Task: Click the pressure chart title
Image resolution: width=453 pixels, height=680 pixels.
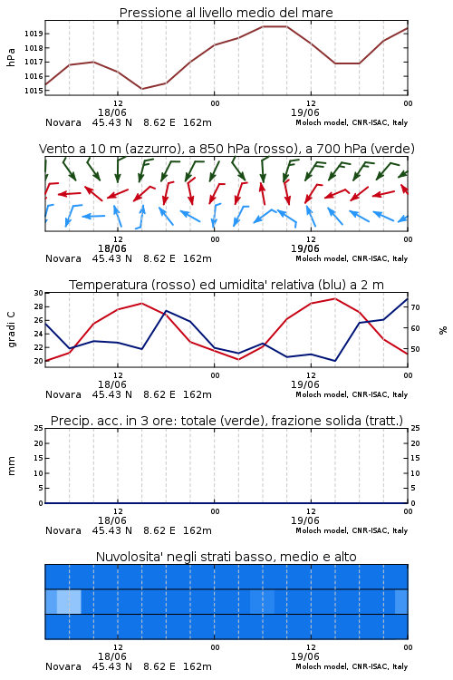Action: [226, 13]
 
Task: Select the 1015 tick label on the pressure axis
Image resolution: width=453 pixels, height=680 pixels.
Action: [34, 91]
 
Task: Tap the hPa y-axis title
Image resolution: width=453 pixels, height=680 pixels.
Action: [11, 57]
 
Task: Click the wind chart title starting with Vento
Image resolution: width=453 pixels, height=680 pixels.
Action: [226, 149]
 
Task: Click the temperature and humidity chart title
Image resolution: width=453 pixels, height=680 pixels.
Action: [226, 285]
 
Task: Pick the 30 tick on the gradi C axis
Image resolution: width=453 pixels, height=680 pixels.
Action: [39, 293]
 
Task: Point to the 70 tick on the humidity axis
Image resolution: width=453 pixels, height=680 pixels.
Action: [415, 307]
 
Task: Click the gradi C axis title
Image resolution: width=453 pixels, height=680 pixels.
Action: [11, 330]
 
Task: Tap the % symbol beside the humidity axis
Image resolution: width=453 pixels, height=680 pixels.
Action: [443, 330]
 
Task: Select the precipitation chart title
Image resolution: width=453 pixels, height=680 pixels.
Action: [226, 421]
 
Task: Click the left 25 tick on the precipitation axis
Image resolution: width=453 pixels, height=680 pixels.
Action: [39, 429]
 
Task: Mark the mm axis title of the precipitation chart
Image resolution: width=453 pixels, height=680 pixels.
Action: [11, 466]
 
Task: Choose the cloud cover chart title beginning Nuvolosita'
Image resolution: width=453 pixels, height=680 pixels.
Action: [226, 557]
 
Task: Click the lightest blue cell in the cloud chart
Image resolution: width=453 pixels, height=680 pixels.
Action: [69, 601]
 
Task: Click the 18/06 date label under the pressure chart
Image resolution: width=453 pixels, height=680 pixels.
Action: [112, 112]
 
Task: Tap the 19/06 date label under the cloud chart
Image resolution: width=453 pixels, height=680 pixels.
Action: [305, 656]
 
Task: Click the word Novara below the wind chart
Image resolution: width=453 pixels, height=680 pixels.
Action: [63, 258]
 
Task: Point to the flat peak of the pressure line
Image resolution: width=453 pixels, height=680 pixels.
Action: [275, 26]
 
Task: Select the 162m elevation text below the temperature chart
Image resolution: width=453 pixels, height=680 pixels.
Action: [198, 394]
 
